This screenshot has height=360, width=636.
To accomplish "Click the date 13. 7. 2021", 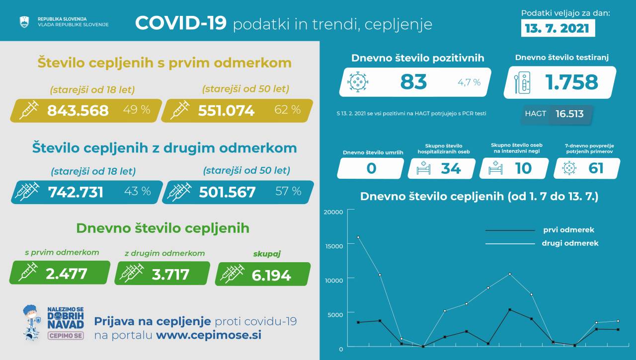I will coord(557,28).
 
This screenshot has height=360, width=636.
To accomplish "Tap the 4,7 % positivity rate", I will coord(469,82).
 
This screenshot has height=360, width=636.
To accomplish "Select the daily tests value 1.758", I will coord(571,82).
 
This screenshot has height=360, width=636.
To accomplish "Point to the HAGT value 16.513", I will coord(569,114).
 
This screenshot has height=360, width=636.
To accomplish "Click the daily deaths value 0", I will coord(371,168).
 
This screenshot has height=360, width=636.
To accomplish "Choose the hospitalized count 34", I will coord(451,168).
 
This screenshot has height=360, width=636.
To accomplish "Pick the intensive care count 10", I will coord(523,168).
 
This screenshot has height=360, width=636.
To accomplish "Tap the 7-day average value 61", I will coord(596,168).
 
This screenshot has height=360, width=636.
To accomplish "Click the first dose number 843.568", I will coord(78,110).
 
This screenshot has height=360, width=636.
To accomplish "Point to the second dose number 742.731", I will coord(76,192).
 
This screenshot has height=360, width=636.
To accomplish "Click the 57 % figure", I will coord(288,191).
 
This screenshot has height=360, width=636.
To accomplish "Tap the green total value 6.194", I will coord(271,274).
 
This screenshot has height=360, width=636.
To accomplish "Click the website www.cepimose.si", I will coord(209,335).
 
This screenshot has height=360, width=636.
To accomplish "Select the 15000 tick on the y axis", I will coord(333,246).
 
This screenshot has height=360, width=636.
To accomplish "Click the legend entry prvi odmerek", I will coord(567,230).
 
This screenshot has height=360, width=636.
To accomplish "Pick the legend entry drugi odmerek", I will coord(569,243).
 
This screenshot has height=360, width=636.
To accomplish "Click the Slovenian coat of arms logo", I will coord(23,21).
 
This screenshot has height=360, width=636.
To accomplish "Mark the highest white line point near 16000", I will coord(358,237).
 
